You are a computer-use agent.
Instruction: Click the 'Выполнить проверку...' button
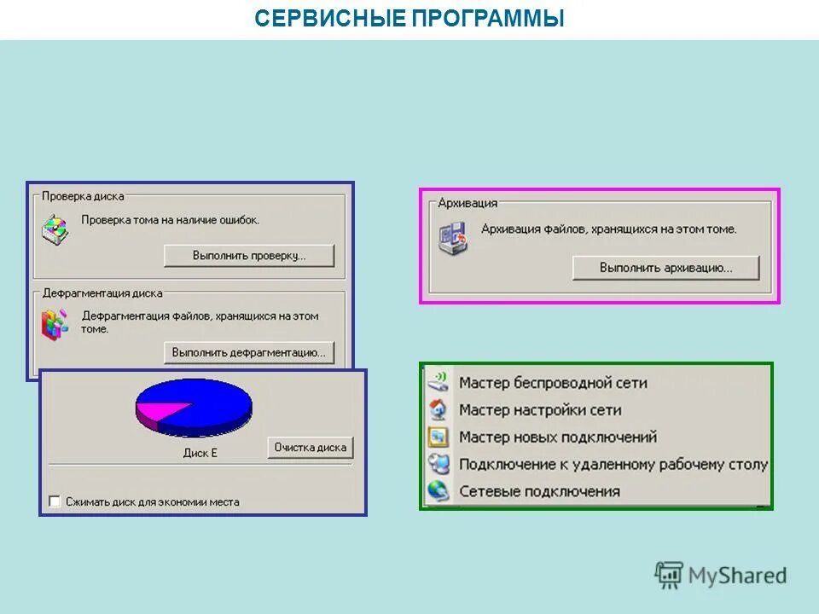(x=249, y=255)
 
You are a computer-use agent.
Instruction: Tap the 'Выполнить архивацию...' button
(x=665, y=268)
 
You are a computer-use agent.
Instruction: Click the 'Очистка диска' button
(x=311, y=448)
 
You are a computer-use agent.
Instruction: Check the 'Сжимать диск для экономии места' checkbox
(x=55, y=501)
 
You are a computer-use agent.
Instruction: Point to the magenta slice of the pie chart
(x=154, y=413)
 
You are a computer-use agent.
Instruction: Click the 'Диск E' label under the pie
(x=200, y=453)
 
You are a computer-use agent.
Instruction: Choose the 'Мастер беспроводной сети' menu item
(x=553, y=383)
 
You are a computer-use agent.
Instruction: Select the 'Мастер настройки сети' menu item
(x=540, y=410)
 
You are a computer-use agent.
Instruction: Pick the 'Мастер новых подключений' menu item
(x=558, y=437)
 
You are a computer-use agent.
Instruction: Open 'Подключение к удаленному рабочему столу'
(x=613, y=465)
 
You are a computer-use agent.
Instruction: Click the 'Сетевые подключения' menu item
(x=539, y=491)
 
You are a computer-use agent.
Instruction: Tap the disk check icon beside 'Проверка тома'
(x=55, y=229)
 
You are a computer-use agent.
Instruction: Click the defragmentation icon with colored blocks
(x=55, y=324)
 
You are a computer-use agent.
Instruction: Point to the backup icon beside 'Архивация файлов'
(x=453, y=237)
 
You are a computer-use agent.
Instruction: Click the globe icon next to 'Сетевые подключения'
(x=439, y=491)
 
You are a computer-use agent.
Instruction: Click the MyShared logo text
(x=737, y=576)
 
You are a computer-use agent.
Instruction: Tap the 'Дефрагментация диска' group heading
(x=102, y=293)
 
